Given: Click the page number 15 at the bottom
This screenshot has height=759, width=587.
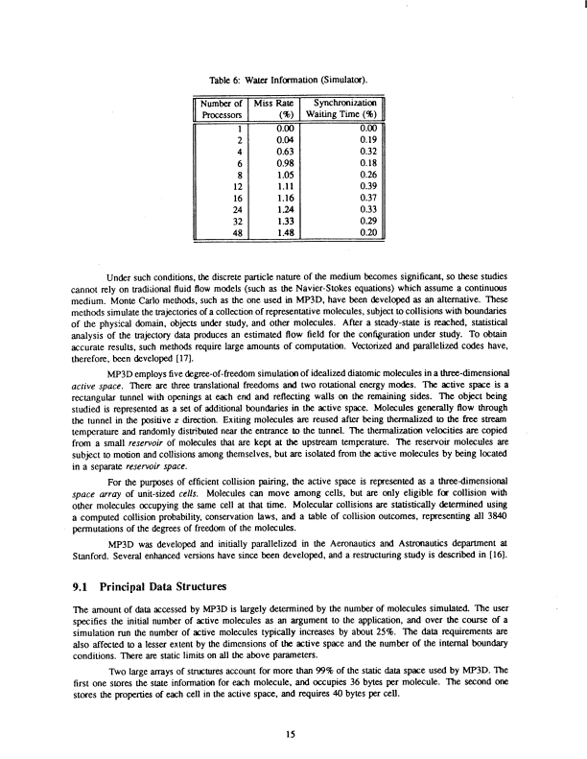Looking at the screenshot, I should (293, 735).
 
